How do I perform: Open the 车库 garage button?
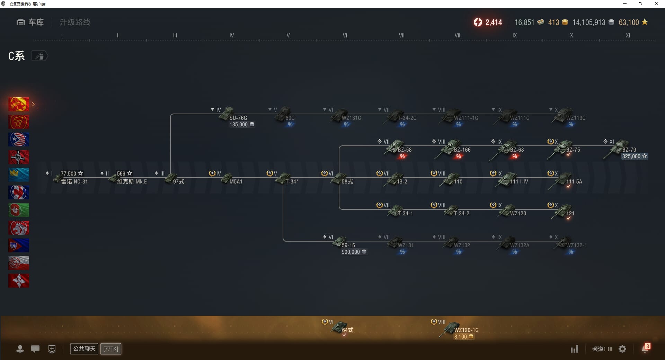(x=30, y=22)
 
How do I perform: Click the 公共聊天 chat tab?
(x=84, y=349)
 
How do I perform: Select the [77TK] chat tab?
(x=111, y=349)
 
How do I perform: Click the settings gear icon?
(x=622, y=349)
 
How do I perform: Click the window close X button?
(x=656, y=4)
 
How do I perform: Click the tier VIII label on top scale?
(x=458, y=35)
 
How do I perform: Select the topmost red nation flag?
(x=19, y=104)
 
